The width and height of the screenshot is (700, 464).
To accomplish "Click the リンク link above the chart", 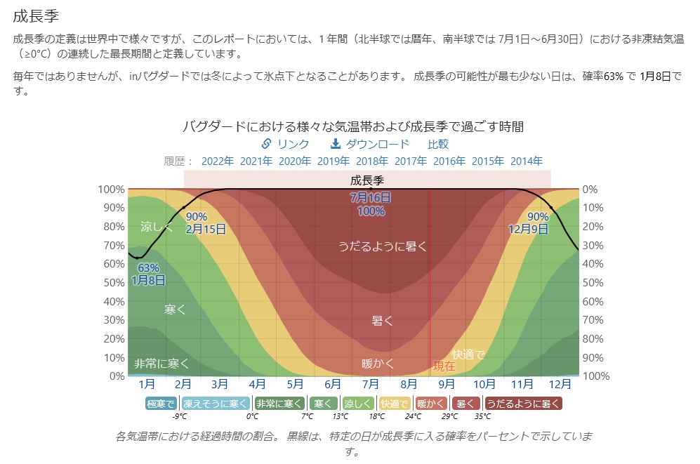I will click(x=285, y=144).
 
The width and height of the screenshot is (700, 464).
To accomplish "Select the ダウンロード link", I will click(x=370, y=144).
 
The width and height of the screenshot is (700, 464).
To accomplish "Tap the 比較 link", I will click(x=438, y=144).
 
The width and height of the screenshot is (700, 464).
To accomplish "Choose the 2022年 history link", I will click(x=217, y=161).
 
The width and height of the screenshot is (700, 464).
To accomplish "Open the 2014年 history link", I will click(x=526, y=161).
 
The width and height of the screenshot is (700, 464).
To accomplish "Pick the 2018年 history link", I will click(x=371, y=161).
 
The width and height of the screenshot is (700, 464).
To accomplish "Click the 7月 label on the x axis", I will click(x=371, y=384).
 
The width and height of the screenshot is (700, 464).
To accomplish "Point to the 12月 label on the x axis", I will click(x=560, y=384).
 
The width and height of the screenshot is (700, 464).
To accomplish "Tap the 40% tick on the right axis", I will click(x=593, y=264).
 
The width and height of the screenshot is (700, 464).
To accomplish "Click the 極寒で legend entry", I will click(x=161, y=404).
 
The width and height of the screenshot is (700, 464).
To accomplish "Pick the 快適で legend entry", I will click(x=395, y=404).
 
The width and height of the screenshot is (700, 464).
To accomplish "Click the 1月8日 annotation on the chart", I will click(x=149, y=280).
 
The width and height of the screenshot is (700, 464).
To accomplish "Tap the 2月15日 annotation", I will click(x=206, y=229).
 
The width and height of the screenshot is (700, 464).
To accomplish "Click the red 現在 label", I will click(x=444, y=366).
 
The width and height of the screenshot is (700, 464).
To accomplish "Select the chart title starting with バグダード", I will click(x=352, y=127).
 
